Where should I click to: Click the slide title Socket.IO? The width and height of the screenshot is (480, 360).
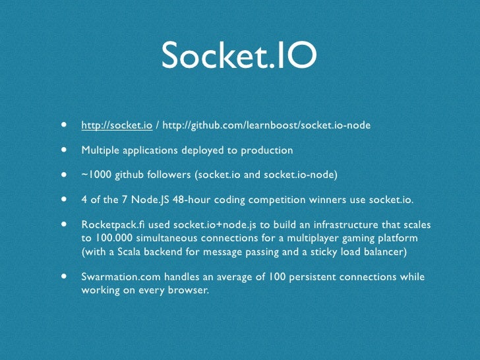point(239,57)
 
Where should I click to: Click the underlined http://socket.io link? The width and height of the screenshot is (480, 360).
point(117,125)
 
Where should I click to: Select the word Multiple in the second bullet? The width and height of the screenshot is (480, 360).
point(100,150)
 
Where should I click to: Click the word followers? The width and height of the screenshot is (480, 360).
point(176,175)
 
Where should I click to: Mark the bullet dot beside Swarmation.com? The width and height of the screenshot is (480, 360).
point(65,276)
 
